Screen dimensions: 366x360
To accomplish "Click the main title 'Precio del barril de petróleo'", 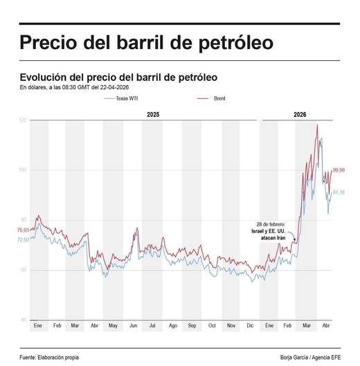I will [x=146, y=42].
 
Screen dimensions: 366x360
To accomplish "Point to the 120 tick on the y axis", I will [x=23, y=120].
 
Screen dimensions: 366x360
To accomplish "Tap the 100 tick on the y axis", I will [x=23, y=170].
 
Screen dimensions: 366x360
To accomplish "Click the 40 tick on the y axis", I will [x=24, y=320].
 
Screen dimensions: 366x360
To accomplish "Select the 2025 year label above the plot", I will [x=153, y=113].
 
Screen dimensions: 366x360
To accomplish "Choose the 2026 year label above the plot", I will [x=300, y=113].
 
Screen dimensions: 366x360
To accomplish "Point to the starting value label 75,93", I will [x=23, y=230].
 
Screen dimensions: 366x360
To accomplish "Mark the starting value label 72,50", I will [x=23, y=239].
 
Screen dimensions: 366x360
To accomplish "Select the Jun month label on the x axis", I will [x=134, y=325].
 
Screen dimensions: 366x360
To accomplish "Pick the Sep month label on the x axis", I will [x=192, y=325].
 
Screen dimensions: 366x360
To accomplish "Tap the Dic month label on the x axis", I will [x=251, y=325].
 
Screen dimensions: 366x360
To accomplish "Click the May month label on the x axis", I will [x=114, y=325].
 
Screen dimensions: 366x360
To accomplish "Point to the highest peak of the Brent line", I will [x=317, y=125].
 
